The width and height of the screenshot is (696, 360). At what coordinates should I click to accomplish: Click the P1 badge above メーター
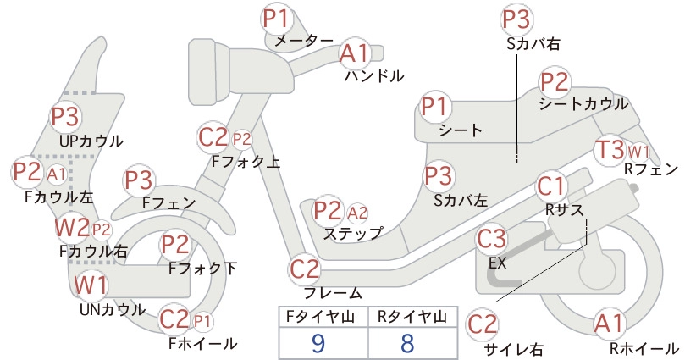click(x=276, y=19)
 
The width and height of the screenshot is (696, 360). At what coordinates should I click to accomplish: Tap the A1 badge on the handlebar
click(x=354, y=53)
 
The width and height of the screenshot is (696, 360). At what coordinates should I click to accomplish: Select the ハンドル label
click(x=374, y=76)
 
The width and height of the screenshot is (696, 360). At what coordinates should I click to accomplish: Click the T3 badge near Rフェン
click(x=610, y=149)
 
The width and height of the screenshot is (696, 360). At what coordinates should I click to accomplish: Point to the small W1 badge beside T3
click(x=638, y=152)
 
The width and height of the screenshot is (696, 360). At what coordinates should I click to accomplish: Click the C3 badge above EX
click(x=491, y=238)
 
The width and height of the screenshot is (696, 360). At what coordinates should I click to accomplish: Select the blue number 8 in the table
click(x=407, y=343)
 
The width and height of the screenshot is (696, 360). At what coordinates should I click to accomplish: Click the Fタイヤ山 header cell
click(x=323, y=317)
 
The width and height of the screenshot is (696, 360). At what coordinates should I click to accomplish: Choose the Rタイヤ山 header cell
click(x=413, y=317)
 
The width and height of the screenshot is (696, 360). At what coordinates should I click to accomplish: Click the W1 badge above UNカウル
click(x=90, y=285)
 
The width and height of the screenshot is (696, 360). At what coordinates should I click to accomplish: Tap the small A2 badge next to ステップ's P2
click(x=357, y=213)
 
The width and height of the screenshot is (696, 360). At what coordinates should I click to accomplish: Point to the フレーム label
click(x=333, y=293)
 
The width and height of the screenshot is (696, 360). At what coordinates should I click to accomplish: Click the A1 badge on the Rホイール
click(x=610, y=324)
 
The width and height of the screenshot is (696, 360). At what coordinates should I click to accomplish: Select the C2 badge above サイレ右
click(x=482, y=324)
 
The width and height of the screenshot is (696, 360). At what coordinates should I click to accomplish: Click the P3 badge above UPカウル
click(x=65, y=117)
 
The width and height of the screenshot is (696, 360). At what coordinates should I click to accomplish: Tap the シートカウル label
click(x=583, y=104)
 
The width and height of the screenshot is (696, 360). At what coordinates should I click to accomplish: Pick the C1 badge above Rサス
click(x=550, y=186)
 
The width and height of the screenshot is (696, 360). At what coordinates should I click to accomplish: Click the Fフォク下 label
click(x=202, y=269)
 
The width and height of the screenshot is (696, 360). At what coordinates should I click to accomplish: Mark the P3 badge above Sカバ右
click(x=516, y=19)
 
